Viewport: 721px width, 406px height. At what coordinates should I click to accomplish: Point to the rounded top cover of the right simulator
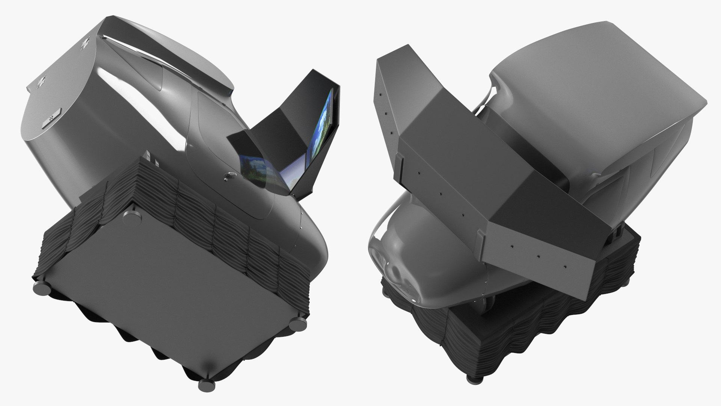coord(601,75)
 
